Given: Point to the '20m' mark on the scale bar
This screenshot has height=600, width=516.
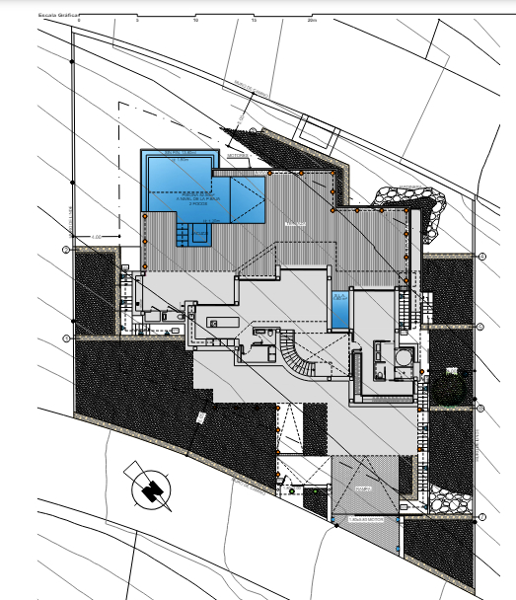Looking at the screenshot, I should pyautogui.click(x=311, y=19).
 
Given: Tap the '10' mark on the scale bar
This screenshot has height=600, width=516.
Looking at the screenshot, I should pyautogui.click(x=197, y=19).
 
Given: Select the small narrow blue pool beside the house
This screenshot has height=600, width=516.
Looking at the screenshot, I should pyautogui.click(x=340, y=309).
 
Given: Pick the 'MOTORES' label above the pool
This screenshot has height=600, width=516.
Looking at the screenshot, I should pyautogui.click(x=237, y=155).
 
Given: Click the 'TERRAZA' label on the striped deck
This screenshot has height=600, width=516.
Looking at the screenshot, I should pyautogui.click(x=293, y=225).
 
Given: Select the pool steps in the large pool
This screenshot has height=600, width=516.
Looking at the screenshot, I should pyautogui.click(x=191, y=235).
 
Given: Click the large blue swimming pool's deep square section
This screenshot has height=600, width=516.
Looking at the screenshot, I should pyautogui.click(x=178, y=178).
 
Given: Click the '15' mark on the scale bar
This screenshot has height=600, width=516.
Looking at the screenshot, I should pyautogui.click(x=255, y=19).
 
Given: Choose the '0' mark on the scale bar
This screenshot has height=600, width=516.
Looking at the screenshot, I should pyautogui.click(x=80, y=19).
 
